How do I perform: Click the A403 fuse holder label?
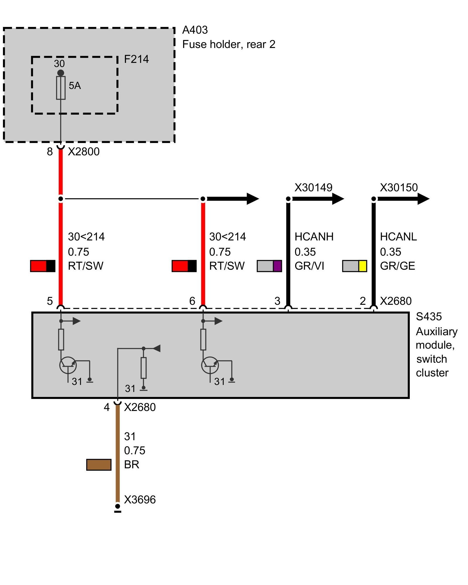click(195, 30)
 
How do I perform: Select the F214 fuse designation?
click(136, 59)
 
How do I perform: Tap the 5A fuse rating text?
click(75, 86)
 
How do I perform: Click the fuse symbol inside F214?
click(61, 88)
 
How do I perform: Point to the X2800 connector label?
click(84, 152)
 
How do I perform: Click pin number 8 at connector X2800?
click(50, 152)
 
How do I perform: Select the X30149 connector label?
click(313, 187)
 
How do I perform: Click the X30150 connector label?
click(399, 187)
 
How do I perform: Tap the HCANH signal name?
click(314, 237)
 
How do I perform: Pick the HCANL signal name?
click(398, 237)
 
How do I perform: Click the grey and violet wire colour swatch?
click(269, 266)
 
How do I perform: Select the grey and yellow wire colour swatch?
click(355, 266)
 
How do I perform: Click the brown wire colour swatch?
click(99, 464)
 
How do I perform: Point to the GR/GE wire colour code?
click(398, 266)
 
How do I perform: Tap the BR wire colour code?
click(131, 464)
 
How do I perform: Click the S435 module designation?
click(429, 316)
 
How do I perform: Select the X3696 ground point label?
click(140, 500)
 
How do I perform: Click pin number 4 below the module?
click(106, 407)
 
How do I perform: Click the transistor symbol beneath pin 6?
click(210, 365)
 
